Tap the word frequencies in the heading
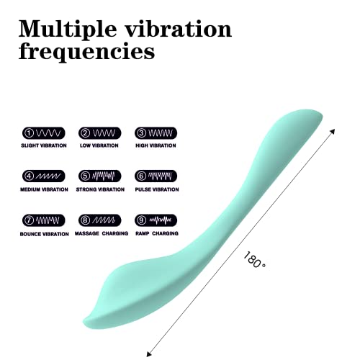click(x=86, y=52)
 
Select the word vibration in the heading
click(x=178, y=30)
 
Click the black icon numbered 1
click(x=43, y=132)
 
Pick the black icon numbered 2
click(x=99, y=132)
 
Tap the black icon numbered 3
click(x=156, y=132)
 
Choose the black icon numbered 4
click(x=43, y=175)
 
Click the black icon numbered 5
click(x=99, y=175)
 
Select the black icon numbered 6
click(x=156, y=175)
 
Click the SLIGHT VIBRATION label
click(x=43, y=145)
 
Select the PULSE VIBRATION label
click(x=156, y=189)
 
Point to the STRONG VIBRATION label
click(x=100, y=189)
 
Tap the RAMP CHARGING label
click(x=156, y=233)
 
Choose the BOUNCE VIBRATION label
click(x=43, y=233)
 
